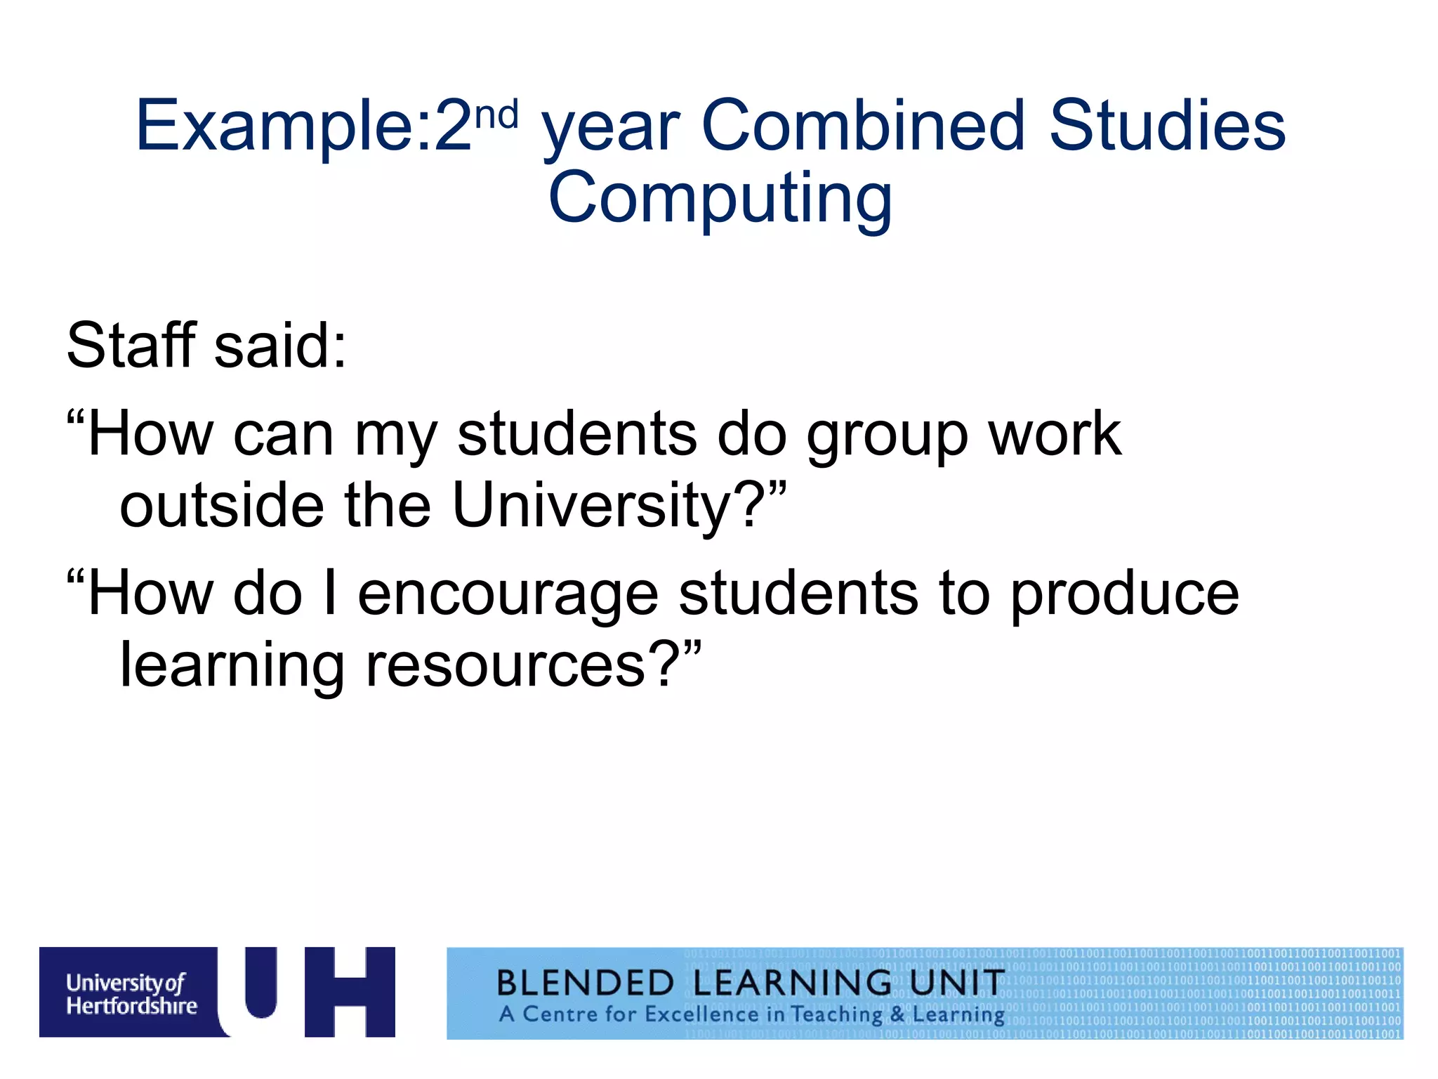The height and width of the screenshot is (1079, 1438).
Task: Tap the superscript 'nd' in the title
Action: [496, 115]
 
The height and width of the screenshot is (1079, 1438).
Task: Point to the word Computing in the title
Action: [720, 200]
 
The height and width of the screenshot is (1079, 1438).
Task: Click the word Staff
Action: [131, 345]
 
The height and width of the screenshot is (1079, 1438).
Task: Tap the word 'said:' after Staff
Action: [280, 345]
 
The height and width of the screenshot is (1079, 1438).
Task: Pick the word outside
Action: [222, 505]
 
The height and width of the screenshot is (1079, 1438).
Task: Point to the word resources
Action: [506, 666]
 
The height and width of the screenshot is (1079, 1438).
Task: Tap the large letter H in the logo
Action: [350, 991]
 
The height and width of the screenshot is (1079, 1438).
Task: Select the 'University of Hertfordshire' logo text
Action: [131, 994]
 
